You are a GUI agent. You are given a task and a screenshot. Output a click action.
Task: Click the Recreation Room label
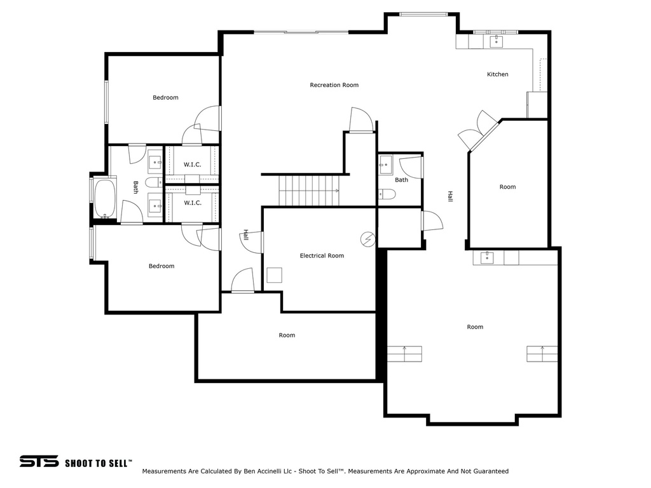click(334, 85)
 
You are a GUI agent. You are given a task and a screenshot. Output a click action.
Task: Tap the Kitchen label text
click(497, 74)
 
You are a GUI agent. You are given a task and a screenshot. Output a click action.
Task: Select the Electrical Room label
click(322, 255)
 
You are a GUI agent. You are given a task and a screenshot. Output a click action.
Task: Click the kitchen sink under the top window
click(496, 41)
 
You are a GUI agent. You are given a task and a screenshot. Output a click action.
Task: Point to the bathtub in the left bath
click(105, 199)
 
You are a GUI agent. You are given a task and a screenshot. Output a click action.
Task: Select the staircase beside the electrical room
click(309, 191)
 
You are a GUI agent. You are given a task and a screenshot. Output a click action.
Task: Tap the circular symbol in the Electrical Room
click(367, 239)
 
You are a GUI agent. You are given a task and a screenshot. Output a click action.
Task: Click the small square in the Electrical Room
click(274, 275)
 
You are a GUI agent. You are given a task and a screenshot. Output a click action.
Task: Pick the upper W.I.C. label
click(192, 165)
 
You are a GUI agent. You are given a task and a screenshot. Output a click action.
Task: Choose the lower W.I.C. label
click(192, 203)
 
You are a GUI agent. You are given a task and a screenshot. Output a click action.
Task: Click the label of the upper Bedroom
click(165, 98)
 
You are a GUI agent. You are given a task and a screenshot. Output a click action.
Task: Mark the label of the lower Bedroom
click(161, 266)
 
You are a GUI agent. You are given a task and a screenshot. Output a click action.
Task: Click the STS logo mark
click(39, 461)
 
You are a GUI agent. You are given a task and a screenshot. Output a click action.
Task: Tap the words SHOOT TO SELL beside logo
click(98, 463)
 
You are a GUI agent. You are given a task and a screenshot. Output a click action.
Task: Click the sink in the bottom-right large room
click(487, 257)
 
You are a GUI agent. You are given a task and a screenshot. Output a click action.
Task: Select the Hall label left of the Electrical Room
click(245, 235)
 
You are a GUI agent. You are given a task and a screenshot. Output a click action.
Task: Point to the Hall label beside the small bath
click(449, 196)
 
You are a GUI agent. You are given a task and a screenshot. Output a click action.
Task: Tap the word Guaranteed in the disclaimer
click(490, 471)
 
